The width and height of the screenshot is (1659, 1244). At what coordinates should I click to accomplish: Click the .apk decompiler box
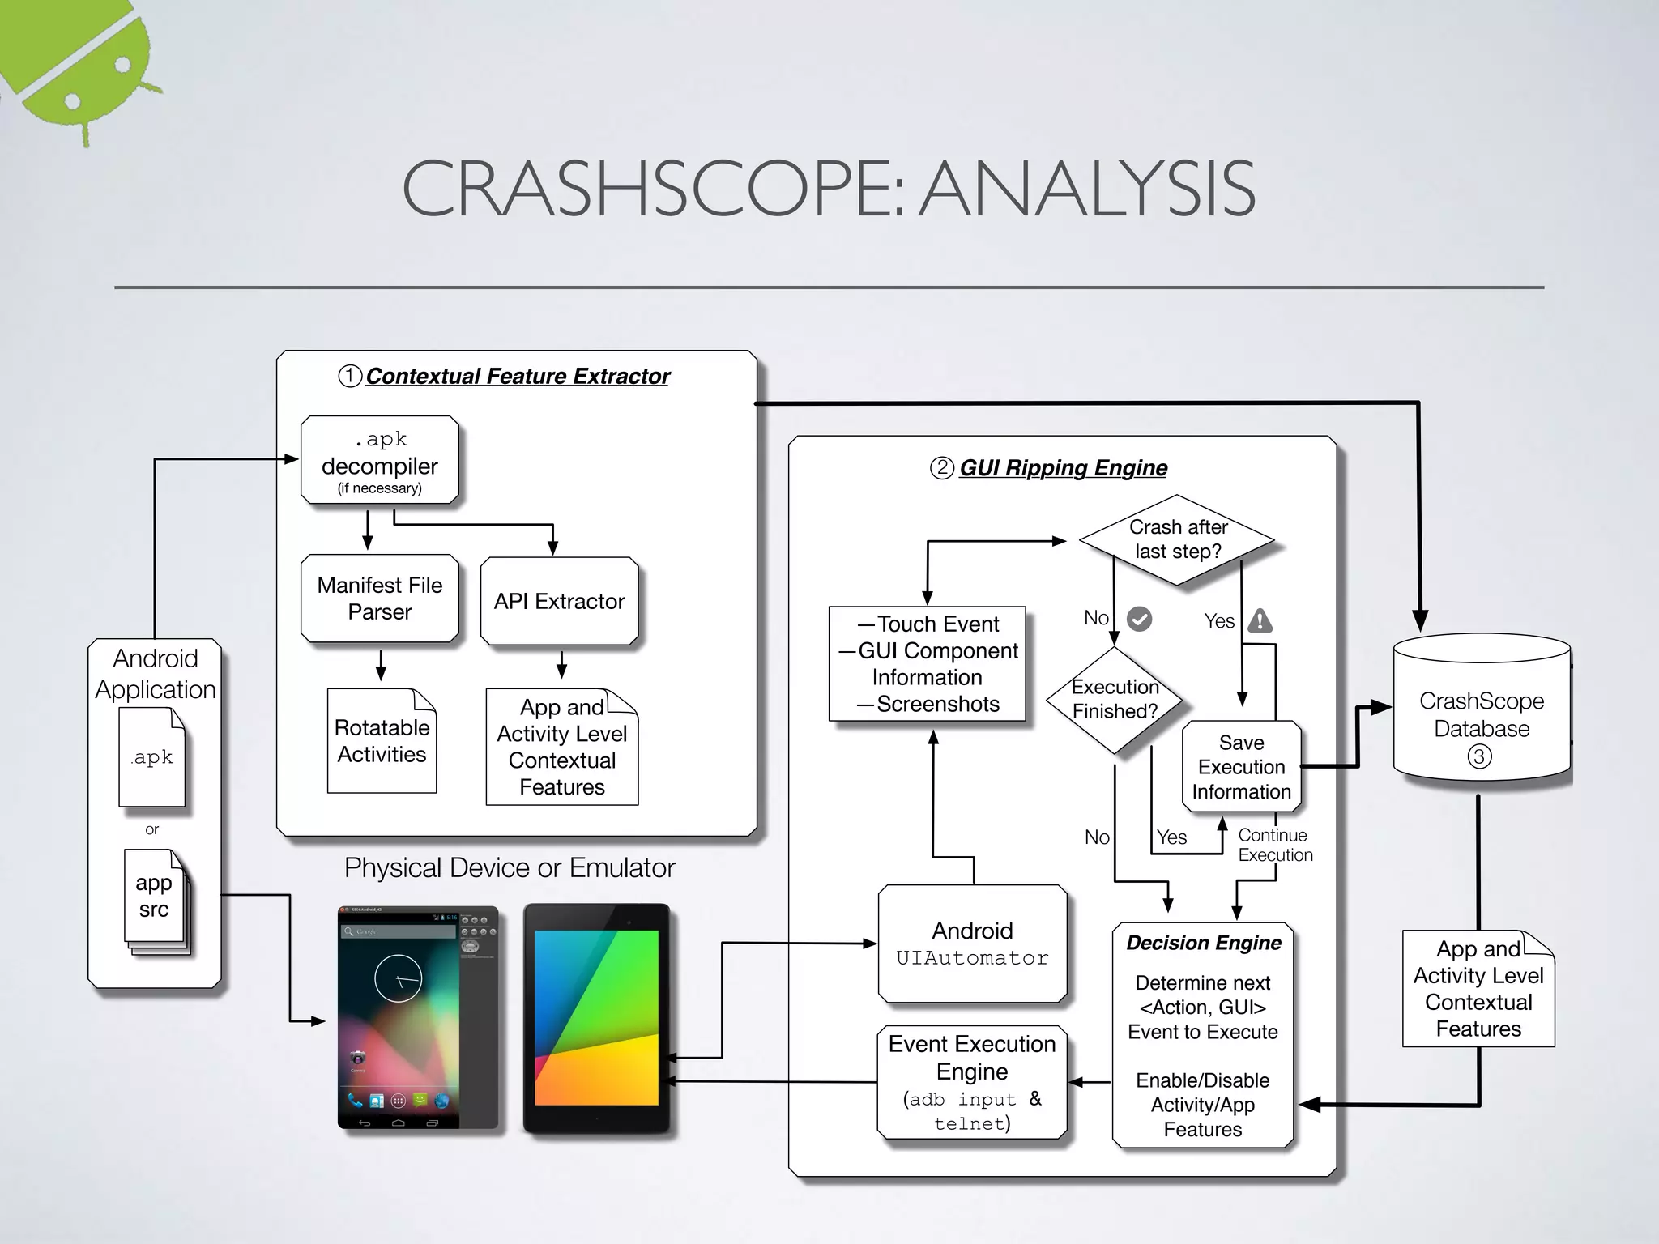click(379, 460)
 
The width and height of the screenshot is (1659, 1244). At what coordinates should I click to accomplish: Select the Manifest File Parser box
click(379, 599)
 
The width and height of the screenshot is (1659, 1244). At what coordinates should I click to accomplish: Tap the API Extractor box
click(559, 601)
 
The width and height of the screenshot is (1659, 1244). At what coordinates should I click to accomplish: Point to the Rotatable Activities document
click(382, 741)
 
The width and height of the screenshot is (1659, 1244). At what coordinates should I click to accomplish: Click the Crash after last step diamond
click(1177, 539)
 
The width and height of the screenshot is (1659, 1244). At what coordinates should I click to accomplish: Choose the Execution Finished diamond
click(1115, 699)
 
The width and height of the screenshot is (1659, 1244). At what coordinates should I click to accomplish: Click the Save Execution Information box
click(1241, 766)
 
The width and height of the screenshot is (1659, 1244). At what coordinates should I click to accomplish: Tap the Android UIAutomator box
click(972, 944)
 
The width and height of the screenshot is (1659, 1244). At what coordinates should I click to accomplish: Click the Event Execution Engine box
click(972, 1082)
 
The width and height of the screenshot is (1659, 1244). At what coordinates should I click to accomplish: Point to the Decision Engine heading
click(1203, 943)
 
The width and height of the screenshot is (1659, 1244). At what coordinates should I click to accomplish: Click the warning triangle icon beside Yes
click(1260, 621)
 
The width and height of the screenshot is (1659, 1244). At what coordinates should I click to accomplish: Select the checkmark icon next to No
click(1139, 619)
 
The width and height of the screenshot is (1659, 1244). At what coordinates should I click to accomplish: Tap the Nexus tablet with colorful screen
click(597, 1018)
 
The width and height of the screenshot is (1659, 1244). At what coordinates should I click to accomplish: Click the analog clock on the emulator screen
click(398, 978)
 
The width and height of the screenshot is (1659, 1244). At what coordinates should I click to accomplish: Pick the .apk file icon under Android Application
click(152, 757)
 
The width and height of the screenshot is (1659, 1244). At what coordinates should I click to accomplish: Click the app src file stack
click(155, 898)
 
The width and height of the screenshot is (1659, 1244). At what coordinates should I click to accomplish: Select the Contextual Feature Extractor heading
click(517, 377)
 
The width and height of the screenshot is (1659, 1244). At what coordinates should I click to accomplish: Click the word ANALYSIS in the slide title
click(1088, 190)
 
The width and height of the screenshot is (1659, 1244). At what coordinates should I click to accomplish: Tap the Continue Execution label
click(1274, 845)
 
